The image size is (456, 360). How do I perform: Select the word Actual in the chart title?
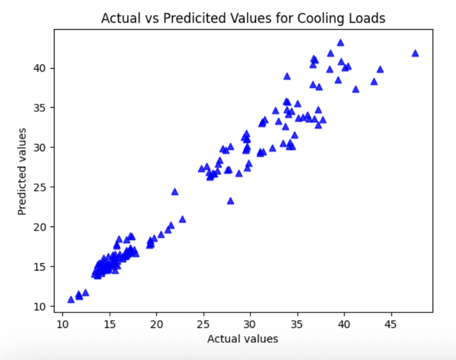pyautogui.click(x=119, y=18)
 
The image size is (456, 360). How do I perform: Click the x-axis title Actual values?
pyautogui.click(x=242, y=339)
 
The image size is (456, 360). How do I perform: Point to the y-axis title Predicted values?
pyautogui.click(x=22, y=172)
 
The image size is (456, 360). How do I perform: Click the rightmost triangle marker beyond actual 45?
pyautogui.click(x=415, y=53)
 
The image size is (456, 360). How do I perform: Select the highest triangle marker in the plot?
pyautogui.click(x=340, y=42)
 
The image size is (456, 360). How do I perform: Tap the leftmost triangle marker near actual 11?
pyautogui.click(x=71, y=299)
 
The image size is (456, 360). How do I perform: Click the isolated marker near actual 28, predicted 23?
pyautogui.click(x=230, y=201)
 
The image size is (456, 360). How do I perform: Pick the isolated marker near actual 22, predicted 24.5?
pyautogui.click(x=175, y=191)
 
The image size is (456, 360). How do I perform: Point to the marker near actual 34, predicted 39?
pyautogui.click(x=287, y=76)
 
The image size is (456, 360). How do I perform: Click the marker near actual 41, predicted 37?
pyautogui.click(x=356, y=89)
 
